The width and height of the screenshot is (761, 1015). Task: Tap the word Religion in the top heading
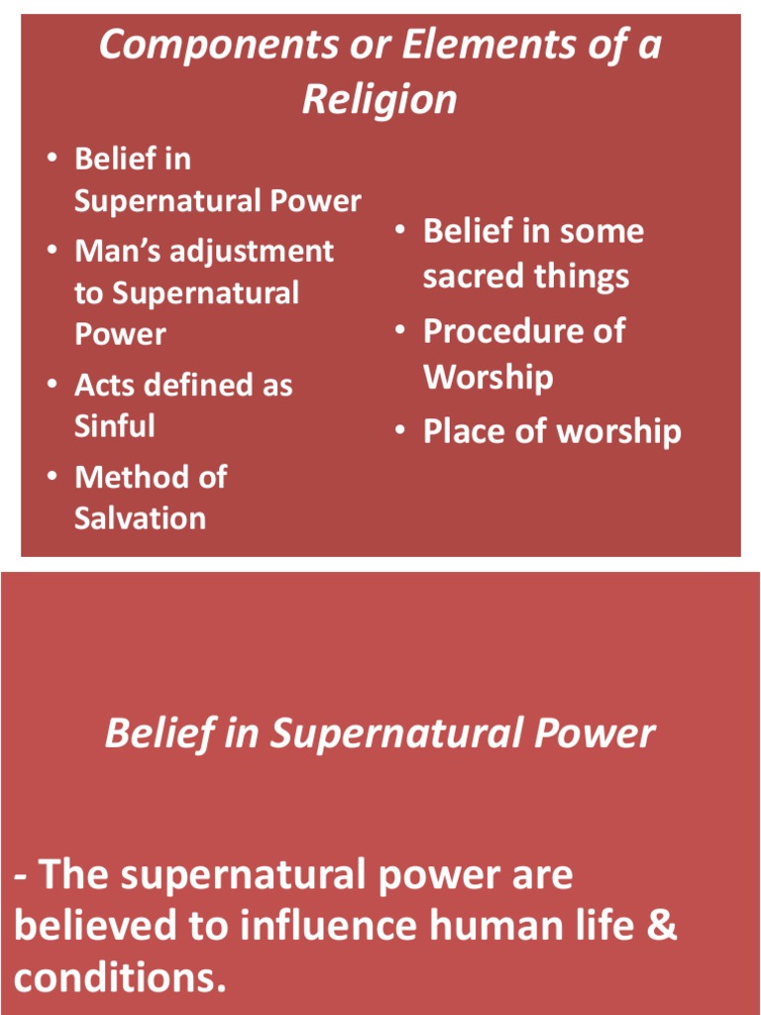click(x=380, y=99)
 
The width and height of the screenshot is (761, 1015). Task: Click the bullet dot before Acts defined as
click(x=52, y=386)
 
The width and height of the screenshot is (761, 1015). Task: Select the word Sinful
click(x=114, y=426)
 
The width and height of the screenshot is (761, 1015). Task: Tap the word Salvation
click(x=140, y=518)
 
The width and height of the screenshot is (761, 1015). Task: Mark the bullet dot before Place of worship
click(x=399, y=432)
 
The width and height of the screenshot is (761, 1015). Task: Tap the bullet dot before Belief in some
click(x=399, y=231)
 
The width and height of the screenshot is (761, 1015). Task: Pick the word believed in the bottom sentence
click(x=94, y=926)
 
